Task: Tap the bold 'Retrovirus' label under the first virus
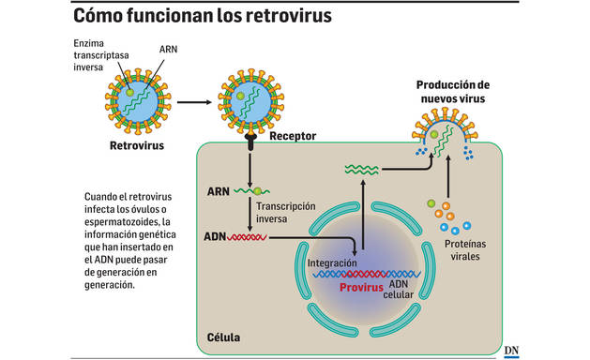[137, 146]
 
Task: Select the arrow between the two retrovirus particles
[192, 100]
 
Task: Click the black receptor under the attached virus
[250, 143]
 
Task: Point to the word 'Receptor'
[293, 137]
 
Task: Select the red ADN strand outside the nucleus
[247, 237]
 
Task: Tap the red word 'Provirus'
[362, 288]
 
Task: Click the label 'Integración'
[332, 264]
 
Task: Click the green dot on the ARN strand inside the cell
[257, 191]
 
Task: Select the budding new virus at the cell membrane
[442, 131]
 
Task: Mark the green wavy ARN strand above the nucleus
[362, 170]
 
